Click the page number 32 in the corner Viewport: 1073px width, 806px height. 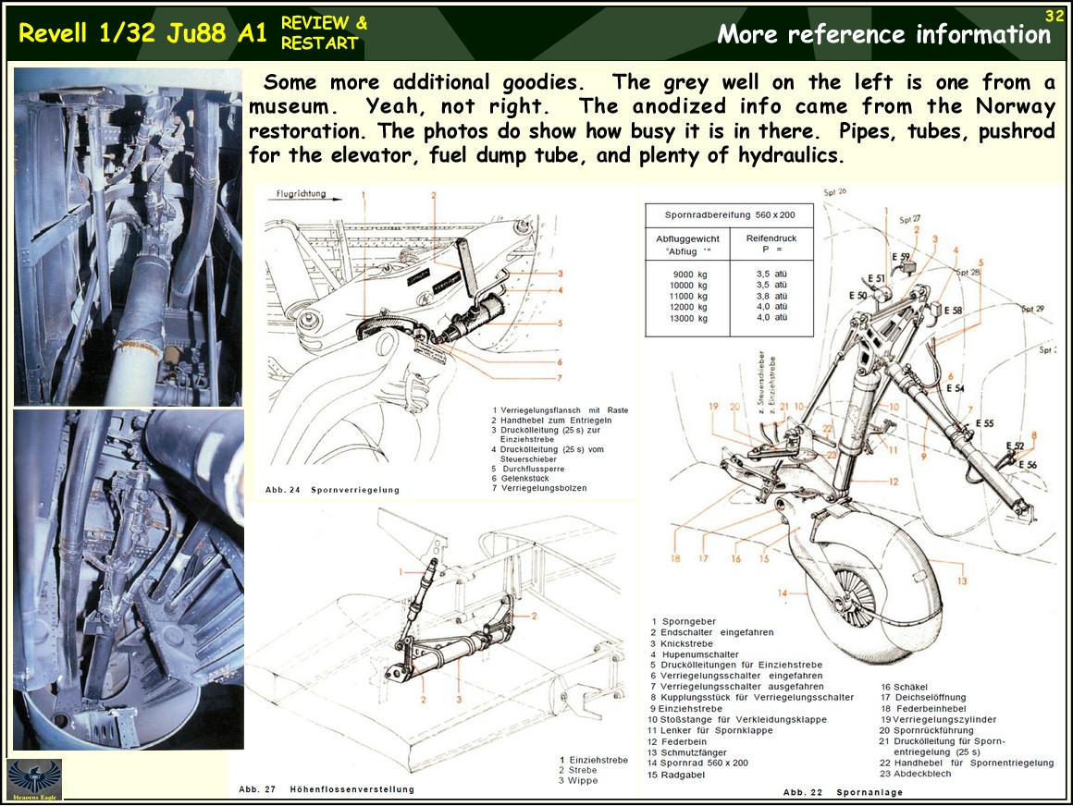[x=1054, y=16]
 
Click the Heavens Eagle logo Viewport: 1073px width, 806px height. [x=34, y=779]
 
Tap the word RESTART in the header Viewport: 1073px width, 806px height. [x=319, y=43]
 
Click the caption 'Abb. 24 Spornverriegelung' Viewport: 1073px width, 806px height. [x=332, y=490]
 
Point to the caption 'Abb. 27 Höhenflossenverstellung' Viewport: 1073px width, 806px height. [x=327, y=789]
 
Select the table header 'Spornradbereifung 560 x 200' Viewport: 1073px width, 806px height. [x=730, y=214]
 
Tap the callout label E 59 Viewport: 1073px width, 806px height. [x=902, y=256]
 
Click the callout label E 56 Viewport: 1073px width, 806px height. [x=1028, y=465]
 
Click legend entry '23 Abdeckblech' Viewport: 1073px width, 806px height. [x=916, y=775]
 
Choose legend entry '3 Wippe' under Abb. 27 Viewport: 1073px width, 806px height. [x=578, y=781]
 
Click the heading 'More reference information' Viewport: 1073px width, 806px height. [x=883, y=35]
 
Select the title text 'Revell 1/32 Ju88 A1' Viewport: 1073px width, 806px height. [x=142, y=33]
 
